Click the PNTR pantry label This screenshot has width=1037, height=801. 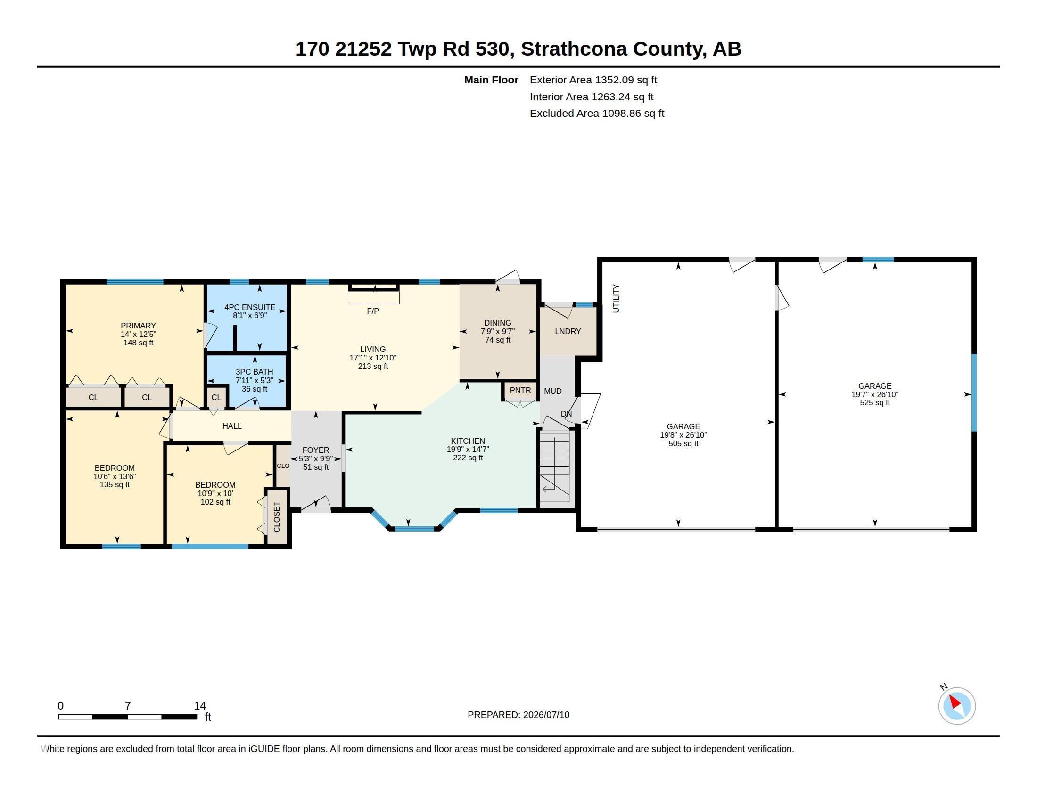pyautogui.click(x=520, y=390)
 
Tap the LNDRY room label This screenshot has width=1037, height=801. pyautogui.click(x=568, y=331)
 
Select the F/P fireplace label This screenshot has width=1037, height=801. pyautogui.click(x=373, y=311)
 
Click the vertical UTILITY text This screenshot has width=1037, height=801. pyautogui.click(x=617, y=298)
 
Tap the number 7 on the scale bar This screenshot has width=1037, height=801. pyautogui.click(x=128, y=706)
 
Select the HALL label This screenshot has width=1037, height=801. pyautogui.click(x=232, y=426)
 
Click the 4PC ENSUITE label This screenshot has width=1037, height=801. pyautogui.click(x=250, y=307)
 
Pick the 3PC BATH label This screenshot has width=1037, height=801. pyautogui.click(x=255, y=372)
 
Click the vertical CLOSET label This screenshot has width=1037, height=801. pyautogui.click(x=277, y=517)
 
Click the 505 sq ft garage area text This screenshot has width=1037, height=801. pyautogui.click(x=683, y=443)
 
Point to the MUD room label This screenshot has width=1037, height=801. pyautogui.click(x=553, y=391)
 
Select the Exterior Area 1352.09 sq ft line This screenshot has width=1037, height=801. pyautogui.click(x=593, y=80)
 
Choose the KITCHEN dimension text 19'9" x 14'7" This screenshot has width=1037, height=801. pyautogui.click(x=468, y=449)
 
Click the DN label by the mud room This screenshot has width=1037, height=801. pyautogui.click(x=566, y=414)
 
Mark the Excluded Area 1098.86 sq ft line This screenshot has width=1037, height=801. pyautogui.click(x=597, y=114)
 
